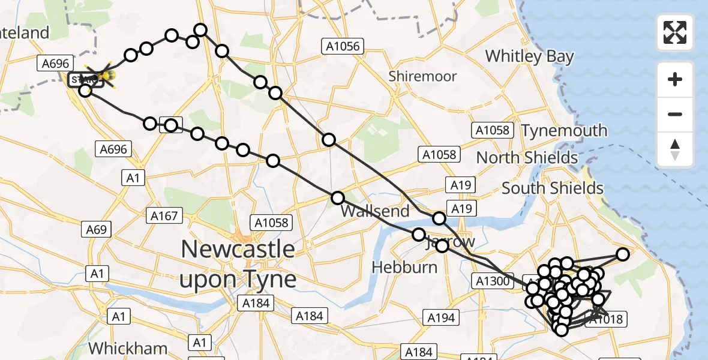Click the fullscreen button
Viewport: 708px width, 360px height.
(675, 32)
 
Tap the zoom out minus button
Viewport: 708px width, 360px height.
(675, 114)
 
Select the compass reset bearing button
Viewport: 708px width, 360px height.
(675, 149)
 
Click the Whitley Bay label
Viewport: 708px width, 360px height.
(529, 56)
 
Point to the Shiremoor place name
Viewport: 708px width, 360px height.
(422, 76)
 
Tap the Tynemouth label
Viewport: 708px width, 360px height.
(564, 131)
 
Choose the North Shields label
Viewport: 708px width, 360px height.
(527, 158)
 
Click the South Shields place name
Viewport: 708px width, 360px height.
(552, 188)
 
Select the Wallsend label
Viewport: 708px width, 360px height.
(375, 211)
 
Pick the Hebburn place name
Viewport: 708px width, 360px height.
(404, 267)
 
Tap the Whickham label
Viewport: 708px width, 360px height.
(128, 348)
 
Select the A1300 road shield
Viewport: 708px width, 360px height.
(492, 280)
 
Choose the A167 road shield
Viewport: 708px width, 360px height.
(164, 216)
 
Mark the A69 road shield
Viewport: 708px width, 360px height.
(95, 229)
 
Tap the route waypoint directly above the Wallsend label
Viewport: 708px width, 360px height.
(338, 198)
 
